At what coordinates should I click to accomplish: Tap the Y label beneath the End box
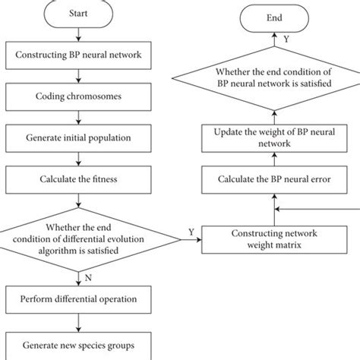click(x=286, y=36)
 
